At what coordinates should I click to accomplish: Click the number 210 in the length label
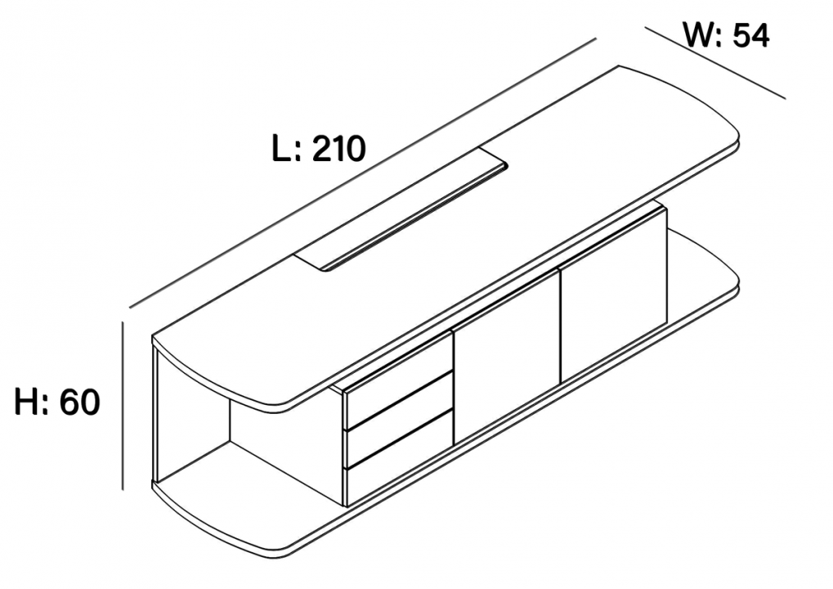point(339,148)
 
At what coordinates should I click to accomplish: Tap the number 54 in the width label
point(750,36)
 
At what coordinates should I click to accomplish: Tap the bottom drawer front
point(399,459)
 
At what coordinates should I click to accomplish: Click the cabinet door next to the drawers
point(506,357)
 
